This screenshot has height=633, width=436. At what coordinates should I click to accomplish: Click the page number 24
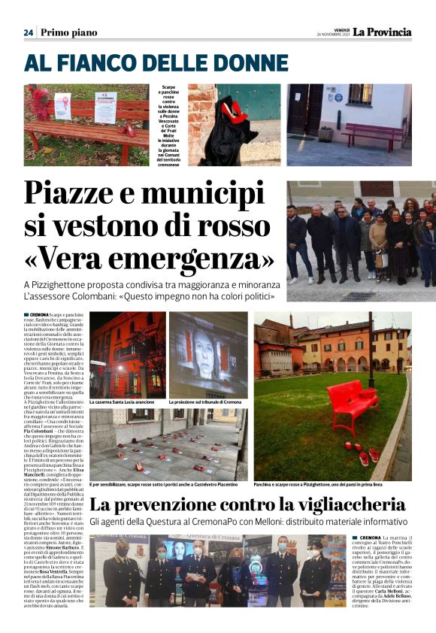pos(28,32)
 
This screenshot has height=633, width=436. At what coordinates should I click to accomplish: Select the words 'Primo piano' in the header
pos(69,32)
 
